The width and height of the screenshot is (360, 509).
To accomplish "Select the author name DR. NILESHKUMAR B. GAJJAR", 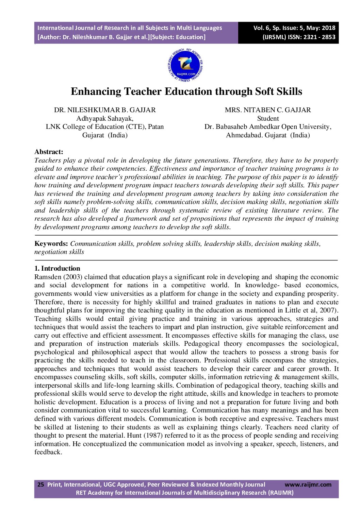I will [105, 110].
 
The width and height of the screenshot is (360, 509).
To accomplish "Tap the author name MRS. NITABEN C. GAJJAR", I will [268, 110].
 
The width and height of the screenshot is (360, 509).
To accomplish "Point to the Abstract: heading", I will [49, 152].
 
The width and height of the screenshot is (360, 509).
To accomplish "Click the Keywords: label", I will [51, 243].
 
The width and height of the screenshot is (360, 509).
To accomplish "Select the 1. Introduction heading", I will [57, 268].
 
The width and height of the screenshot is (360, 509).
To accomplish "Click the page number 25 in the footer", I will [40, 485].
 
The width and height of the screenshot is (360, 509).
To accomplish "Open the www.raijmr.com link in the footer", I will [308, 485].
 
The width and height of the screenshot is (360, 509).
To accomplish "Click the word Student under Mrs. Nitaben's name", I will [268, 118].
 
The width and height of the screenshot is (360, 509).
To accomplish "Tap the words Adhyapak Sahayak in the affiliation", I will [105, 118].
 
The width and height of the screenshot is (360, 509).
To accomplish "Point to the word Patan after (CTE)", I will [156, 126].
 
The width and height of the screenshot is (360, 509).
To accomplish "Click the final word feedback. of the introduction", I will [48, 452].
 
